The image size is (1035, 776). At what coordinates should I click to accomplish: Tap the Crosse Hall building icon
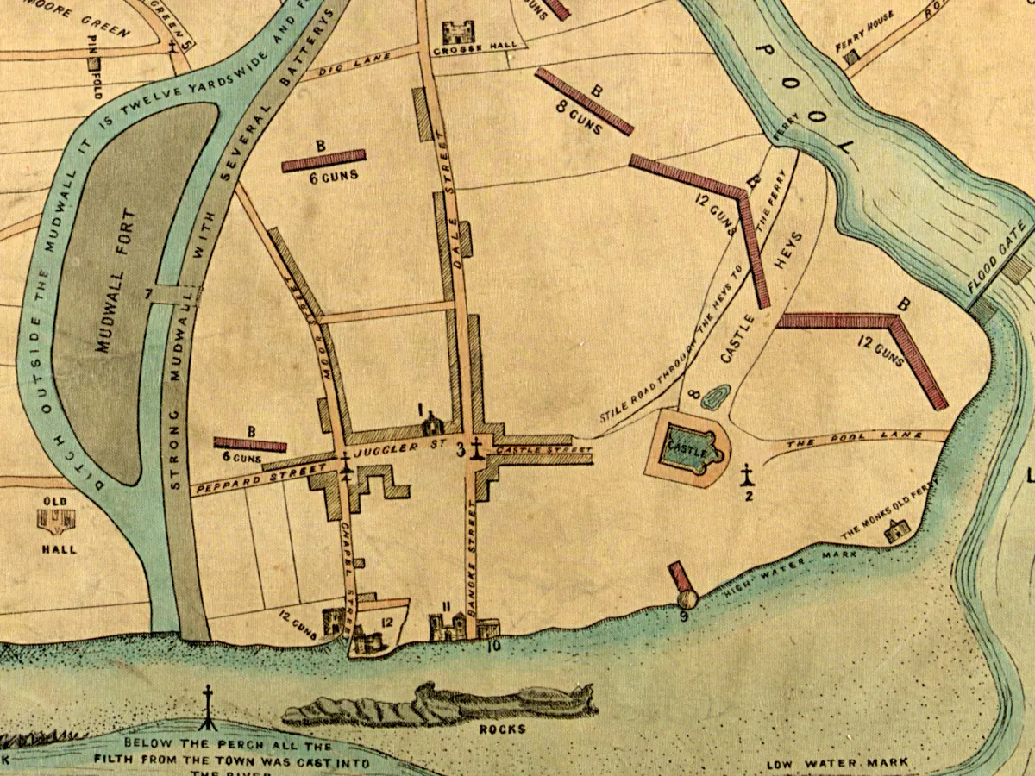pyautogui.click(x=454, y=34)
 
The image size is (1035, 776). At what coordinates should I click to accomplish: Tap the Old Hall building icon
pyautogui.click(x=57, y=519)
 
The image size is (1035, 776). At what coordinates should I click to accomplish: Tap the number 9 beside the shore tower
pyautogui.click(x=683, y=616)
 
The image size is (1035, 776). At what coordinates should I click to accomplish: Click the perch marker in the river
pyautogui.click(x=207, y=703)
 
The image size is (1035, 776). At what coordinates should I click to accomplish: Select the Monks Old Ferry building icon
pyautogui.click(x=895, y=532)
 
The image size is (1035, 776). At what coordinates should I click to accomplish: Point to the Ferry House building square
pyautogui.click(x=852, y=57)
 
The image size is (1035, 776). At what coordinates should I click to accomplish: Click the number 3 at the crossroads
pyautogui.click(x=460, y=449)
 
